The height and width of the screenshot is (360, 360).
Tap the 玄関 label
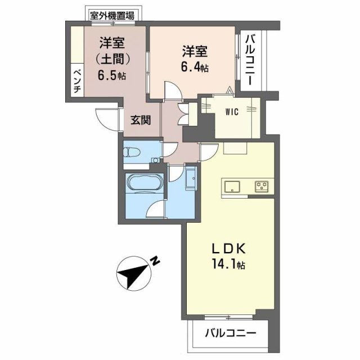click(141, 120)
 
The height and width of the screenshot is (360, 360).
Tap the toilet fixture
click(134, 152)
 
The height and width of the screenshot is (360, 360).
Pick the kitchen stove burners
click(262, 186)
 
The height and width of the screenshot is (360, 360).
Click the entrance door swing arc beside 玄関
click(104, 118)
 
